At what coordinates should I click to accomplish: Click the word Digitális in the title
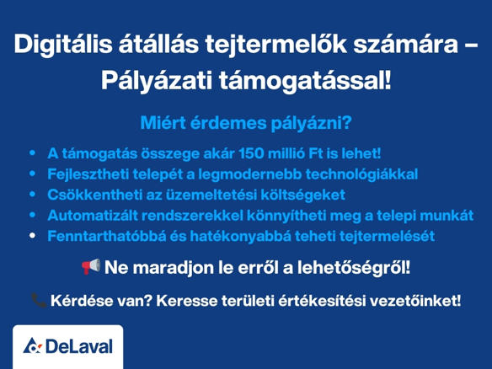63,45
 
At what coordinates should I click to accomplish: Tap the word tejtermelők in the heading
275,44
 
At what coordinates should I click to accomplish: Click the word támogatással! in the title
305,81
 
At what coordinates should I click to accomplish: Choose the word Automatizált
93,216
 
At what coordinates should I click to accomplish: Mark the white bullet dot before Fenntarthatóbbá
32,236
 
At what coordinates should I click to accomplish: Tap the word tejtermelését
387,236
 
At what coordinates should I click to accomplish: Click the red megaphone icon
91,267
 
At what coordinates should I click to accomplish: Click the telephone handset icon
40,300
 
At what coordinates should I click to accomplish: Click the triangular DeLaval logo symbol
32,345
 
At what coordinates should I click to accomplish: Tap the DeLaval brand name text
79,347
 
